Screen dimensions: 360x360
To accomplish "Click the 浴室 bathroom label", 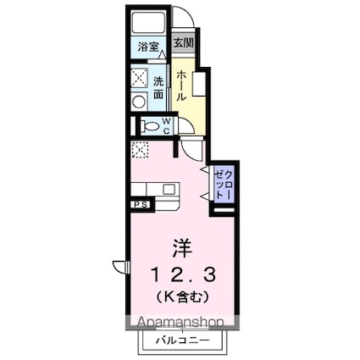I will pos(148,47).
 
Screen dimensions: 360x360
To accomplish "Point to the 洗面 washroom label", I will pos(158,87).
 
